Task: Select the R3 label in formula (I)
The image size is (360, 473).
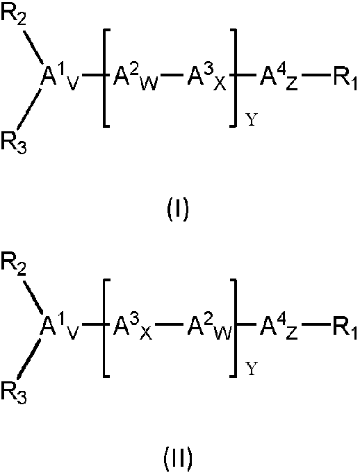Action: point(14,142)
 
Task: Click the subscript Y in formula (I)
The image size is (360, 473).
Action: point(252,120)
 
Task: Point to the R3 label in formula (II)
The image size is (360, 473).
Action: point(14,392)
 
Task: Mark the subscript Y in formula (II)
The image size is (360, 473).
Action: point(252,370)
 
